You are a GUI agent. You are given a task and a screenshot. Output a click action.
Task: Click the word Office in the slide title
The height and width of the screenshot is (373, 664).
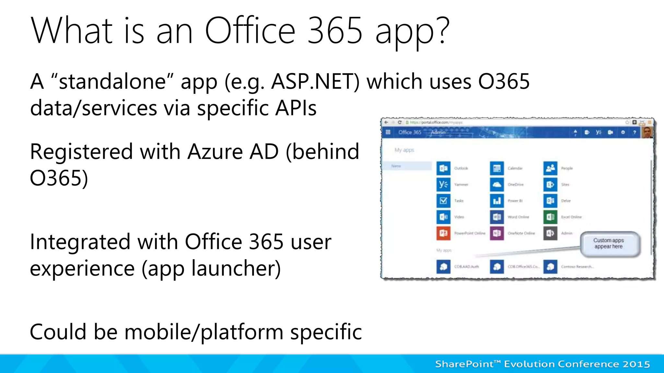coord(250,31)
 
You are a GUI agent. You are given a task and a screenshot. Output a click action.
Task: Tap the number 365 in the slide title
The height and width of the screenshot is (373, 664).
coord(335,31)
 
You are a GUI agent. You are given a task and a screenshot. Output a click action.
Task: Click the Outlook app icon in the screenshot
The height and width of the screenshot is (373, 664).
coord(443,168)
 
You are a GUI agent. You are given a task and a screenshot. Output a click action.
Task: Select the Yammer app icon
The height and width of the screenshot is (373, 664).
coord(443,185)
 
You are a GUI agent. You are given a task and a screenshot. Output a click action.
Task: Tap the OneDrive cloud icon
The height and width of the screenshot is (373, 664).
coord(497,185)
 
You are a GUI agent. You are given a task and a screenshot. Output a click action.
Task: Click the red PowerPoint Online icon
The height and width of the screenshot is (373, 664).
coord(443,233)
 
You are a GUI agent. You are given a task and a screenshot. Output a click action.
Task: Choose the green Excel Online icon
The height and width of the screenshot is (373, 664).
coord(550,217)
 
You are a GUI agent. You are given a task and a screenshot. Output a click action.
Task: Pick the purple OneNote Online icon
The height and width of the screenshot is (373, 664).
coord(497,233)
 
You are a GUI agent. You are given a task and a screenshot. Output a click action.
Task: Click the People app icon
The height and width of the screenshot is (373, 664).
coord(550,168)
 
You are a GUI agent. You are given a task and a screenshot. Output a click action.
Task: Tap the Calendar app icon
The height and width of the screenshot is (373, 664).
coord(497,168)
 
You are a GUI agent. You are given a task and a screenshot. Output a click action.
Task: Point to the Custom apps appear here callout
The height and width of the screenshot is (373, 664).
coord(609,243)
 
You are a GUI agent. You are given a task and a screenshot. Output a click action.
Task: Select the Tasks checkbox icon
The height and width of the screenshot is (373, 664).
coord(443,201)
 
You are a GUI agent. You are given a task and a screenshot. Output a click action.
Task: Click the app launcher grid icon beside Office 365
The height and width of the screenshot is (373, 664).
coord(388,132)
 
